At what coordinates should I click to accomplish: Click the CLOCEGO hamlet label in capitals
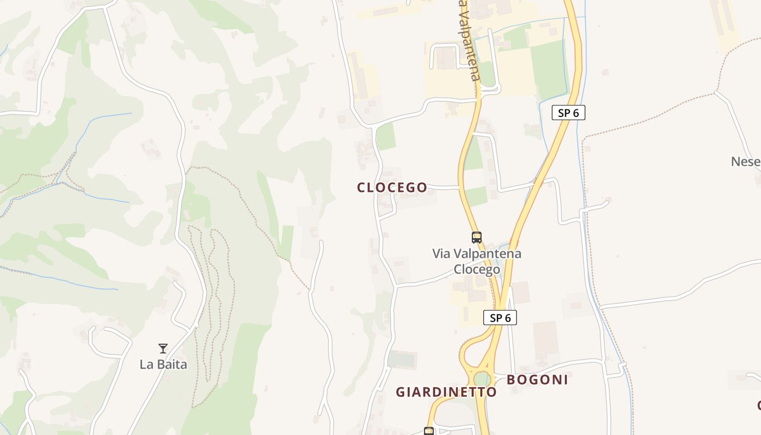(x=392, y=188)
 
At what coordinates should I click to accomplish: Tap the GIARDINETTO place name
(x=446, y=392)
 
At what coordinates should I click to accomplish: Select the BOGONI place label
(x=537, y=380)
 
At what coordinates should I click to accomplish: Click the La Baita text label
(x=163, y=364)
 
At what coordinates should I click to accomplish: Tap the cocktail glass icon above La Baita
(x=163, y=349)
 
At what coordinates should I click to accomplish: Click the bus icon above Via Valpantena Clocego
(x=477, y=238)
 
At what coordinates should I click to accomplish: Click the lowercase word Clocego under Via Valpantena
(x=477, y=269)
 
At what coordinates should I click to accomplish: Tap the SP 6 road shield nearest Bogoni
(x=500, y=318)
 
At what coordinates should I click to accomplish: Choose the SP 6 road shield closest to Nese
(x=569, y=113)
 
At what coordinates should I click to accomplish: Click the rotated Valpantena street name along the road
(x=469, y=41)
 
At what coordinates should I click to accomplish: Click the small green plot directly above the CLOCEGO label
(x=386, y=137)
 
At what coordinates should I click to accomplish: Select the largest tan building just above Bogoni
(x=545, y=337)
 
